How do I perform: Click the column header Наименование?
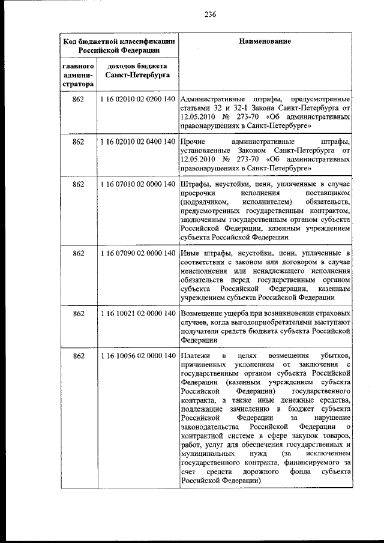tap(265, 41)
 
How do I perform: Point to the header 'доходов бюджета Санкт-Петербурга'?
tap(137, 70)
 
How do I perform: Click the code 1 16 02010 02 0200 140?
tap(137, 98)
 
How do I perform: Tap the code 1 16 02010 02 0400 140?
tap(137, 141)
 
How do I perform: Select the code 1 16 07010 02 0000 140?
tap(137, 183)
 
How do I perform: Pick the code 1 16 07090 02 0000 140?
tap(137, 253)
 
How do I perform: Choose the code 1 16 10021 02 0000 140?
tap(137, 313)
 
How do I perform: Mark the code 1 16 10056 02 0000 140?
tap(137, 356)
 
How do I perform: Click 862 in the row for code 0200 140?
tap(78, 98)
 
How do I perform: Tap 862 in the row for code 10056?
tap(78, 356)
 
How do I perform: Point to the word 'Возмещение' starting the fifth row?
tap(202, 313)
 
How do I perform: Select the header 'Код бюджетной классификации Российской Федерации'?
tap(119, 46)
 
